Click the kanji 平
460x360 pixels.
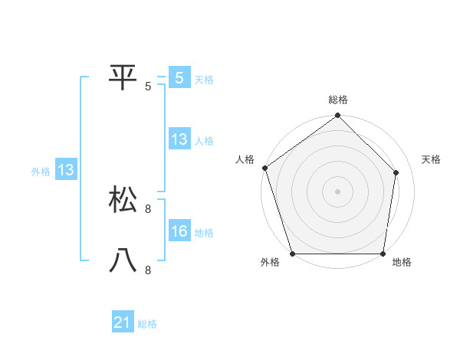click(123, 77)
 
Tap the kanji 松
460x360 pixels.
click(123, 199)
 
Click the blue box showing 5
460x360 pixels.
click(179, 77)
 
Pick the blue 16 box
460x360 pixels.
click(179, 231)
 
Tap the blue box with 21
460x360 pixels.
click(123, 322)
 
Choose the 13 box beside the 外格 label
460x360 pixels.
click(66, 169)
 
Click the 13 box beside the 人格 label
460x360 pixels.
click(179, 139)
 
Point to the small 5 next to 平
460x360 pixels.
click(148, 87)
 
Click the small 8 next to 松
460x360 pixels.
click(148, 208)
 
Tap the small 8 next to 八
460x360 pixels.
click(148, 270)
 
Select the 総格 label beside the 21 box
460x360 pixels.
click(147, 324)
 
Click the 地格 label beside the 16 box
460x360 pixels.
click(204, 232)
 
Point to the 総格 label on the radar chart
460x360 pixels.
click(338, 100)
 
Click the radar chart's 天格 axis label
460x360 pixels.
click(431, 159)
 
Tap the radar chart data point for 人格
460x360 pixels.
click(264, 168)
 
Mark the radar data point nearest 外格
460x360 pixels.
click(293, 254)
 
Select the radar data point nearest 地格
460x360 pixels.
click(383, 254)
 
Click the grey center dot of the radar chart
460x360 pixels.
click(338, 191)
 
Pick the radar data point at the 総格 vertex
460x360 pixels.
click(338, 116)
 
